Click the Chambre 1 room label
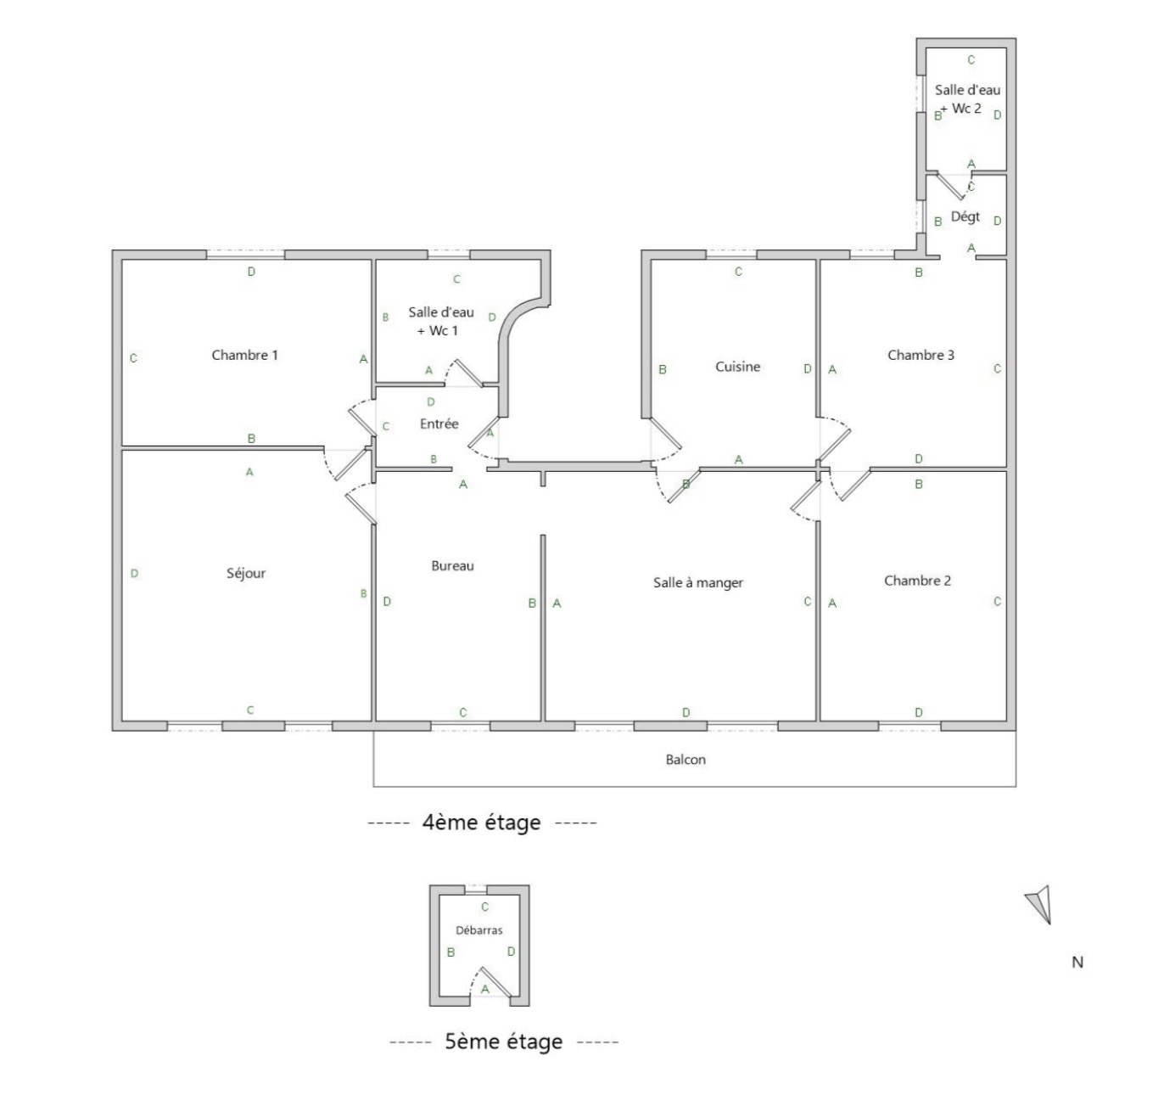[x=244, y=355]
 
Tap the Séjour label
[x=245, y=573]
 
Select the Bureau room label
[x=452, y=566]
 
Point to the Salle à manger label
[x=698, y=582]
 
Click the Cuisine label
[x=737, y=367]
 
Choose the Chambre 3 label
[x=921, y=355]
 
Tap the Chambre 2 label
[x=917, y=581]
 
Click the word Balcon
[x=686, y=760]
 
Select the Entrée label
[x=439, y=424]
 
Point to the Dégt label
[x=965, y=216]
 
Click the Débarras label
[x=478, y=930]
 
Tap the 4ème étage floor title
[x=481, y=823]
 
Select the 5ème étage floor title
[x=503, y=1042]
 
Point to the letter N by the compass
[x=1077, y=963]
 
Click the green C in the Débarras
[x=484, y=907]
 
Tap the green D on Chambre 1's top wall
[x=251, y=272]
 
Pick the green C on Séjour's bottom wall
[x=250, y=710]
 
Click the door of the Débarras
[x=495, y=982]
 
